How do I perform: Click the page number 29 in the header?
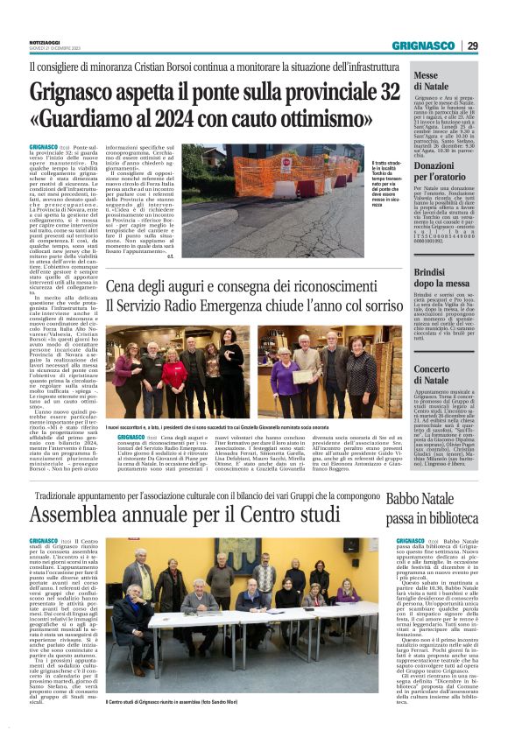tap(472, 46)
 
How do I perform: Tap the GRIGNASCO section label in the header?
tap(423, 46)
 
